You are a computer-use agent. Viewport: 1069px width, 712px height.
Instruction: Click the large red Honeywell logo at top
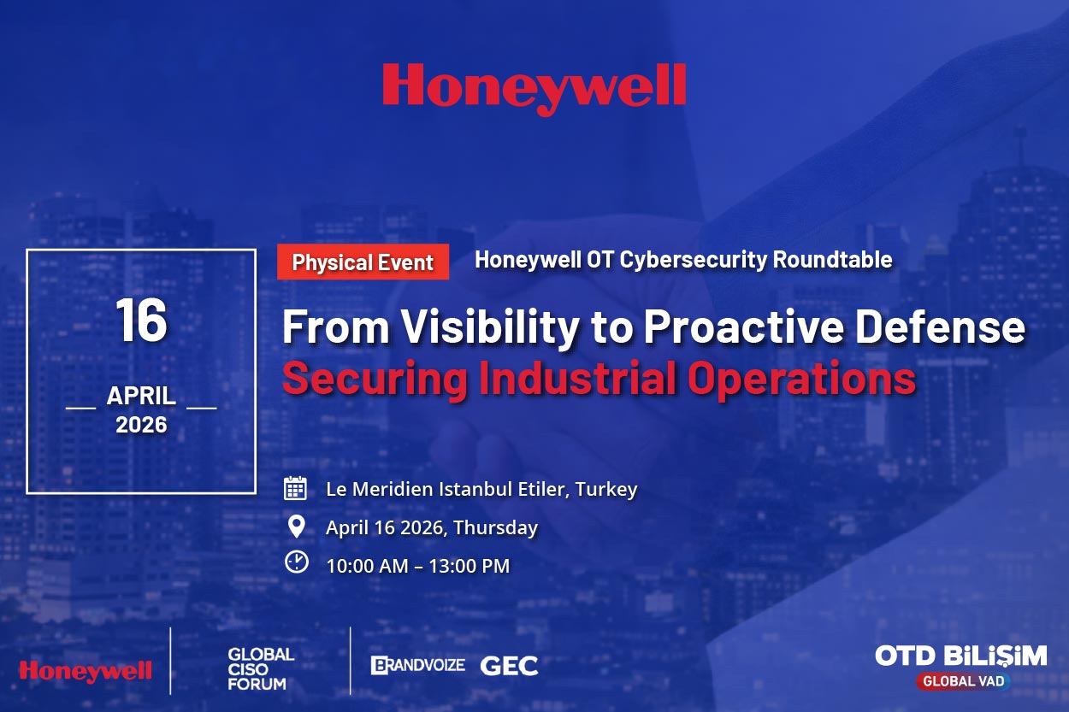(534, 89)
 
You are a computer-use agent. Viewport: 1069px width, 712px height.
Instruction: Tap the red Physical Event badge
(363, 262)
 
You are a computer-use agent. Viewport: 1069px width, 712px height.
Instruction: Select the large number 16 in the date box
(141, 320)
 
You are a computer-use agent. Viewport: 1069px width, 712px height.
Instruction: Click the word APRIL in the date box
(141, 396)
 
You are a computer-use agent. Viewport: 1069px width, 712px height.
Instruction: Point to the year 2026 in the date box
(141, 425)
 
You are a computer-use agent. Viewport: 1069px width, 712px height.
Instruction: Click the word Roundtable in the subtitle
(832, 260)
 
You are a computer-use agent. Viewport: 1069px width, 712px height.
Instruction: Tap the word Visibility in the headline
(489, 328)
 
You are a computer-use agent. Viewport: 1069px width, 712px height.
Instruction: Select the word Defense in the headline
(940, 327)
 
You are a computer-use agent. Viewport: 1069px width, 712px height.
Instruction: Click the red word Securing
(375, 380)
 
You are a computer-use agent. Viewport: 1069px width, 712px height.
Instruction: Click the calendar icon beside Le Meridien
(295, 488)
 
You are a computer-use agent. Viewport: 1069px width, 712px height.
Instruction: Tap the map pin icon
(297, 527)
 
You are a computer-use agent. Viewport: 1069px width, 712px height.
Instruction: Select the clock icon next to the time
(297, 562)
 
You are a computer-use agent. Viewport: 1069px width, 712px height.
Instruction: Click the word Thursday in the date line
(496, 528)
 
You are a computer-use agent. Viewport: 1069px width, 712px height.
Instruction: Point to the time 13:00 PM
(470, 566)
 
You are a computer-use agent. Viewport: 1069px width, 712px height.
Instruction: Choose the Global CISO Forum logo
(261, 669)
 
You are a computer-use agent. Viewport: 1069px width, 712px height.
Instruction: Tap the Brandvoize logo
(417, 665)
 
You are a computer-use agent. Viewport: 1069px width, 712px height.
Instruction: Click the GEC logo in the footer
(509, 666)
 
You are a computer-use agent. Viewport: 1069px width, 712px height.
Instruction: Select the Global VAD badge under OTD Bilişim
(964, 681)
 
